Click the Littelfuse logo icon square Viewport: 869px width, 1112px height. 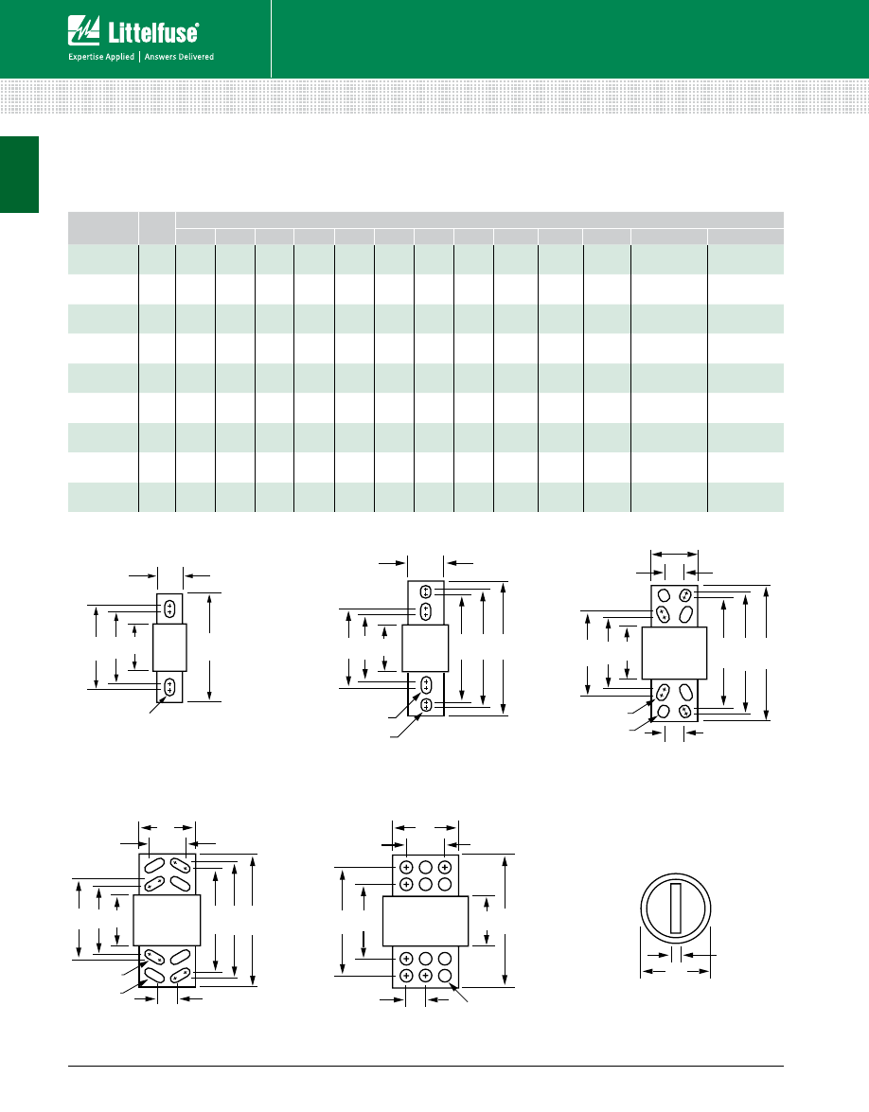pos(83,30)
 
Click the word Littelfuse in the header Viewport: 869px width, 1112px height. pos(153,32)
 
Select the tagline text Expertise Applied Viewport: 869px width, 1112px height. pos(101,57)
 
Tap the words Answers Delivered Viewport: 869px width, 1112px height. pos(180,57)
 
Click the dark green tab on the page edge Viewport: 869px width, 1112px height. pos(19,174)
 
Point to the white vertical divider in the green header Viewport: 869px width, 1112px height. pos(271,38)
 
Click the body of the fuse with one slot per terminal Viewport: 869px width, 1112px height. pos(169,647)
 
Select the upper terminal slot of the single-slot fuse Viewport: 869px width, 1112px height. pos(169,608)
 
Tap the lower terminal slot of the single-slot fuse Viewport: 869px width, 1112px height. pos(169,686)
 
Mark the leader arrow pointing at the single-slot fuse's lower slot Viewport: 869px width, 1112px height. pos(157,704)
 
